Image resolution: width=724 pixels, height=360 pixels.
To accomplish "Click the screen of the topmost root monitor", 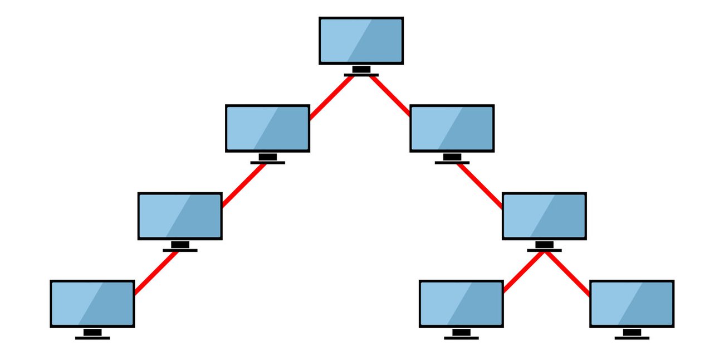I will tap(361, 41).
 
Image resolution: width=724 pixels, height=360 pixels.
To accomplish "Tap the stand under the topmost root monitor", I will tap(361, 71).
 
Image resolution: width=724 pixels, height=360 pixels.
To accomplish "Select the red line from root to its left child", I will tap(331, 97).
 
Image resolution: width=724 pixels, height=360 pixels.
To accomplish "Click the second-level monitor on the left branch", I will tap(267, 128).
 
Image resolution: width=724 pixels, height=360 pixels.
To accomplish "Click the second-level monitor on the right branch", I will tap(452, 128).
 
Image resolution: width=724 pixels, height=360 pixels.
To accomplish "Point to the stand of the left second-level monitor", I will tap(267, 159).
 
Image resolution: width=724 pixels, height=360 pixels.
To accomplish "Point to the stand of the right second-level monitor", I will tap(452, 159).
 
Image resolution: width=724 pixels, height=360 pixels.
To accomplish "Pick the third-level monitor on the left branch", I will tap(180, 216).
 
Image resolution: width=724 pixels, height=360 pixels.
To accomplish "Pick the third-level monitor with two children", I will tap(544, 216).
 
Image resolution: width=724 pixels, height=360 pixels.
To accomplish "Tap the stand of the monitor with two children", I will tap(544, 246).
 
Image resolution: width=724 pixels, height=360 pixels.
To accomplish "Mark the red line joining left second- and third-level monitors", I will tap(244, 185).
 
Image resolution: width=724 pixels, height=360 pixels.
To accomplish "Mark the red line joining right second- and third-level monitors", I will tap(480, 186).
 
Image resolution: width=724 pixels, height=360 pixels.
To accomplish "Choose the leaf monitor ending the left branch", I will tap(92, 304).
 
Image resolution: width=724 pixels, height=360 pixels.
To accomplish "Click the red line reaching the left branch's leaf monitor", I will tap(156, 273).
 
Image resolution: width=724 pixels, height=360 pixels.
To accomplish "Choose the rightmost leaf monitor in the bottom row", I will tap(632, 304).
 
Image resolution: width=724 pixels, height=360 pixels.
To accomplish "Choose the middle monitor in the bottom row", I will tap(461, 304).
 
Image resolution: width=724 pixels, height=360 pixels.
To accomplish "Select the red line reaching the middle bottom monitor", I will tap(524, 272).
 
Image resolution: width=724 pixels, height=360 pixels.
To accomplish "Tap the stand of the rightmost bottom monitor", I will tap(632, 334).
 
